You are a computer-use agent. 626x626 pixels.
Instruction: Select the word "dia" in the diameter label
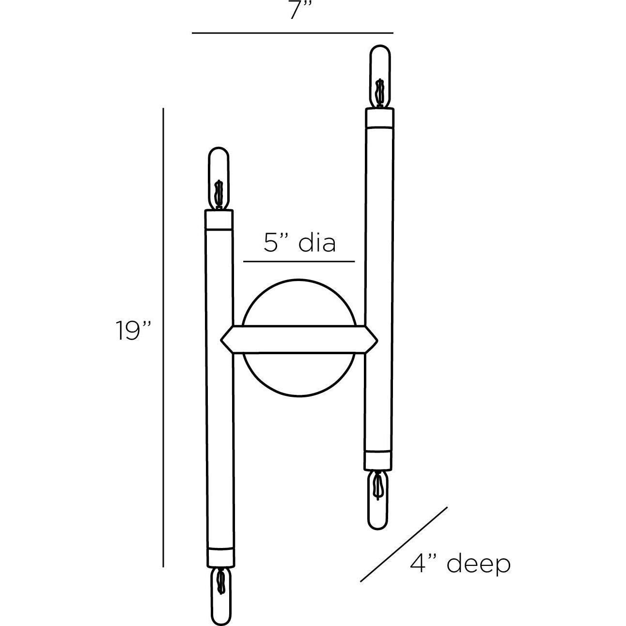[317, 242]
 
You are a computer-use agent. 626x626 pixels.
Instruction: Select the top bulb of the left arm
[219, 178]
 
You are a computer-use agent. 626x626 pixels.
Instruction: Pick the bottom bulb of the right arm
[378, 501]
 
